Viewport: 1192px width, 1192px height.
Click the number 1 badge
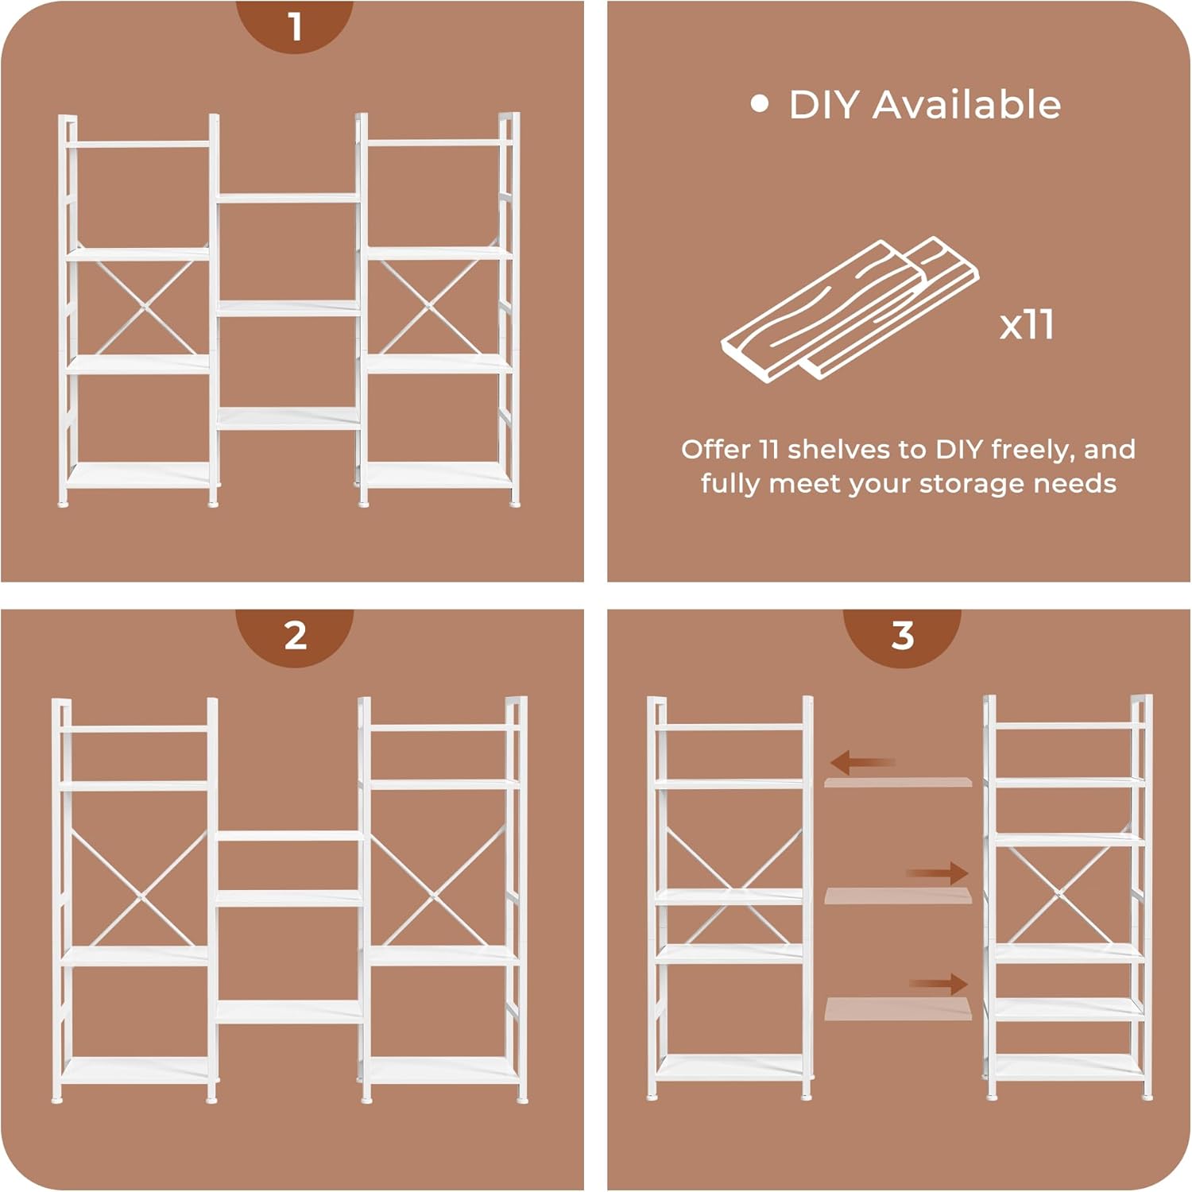pos(295,25)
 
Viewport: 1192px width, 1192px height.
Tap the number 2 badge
pos(295,637)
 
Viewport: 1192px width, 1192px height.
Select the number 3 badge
pos(902,637)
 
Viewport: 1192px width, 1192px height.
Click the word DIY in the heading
pos(824,105)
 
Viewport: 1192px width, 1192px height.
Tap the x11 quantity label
pos(1027,324)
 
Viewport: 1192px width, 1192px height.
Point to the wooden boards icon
pos(850,308)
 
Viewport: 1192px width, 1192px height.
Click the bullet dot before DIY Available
pos(760,104)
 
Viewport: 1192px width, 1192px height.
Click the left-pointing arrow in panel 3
pos(862,763)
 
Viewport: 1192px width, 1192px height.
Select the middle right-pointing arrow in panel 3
pos(938,874)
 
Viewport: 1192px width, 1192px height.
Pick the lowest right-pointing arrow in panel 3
pos(939,985)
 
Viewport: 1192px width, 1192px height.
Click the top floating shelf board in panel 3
pos(898,783)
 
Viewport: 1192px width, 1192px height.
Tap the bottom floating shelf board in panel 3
pos(898,1009)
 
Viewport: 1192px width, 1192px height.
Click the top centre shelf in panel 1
pos(288,197)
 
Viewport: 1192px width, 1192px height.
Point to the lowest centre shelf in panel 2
pos(289,1012)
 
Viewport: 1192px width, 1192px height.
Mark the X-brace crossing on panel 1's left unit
pos(142,306)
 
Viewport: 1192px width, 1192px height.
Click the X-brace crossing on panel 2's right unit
pos(435,896)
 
